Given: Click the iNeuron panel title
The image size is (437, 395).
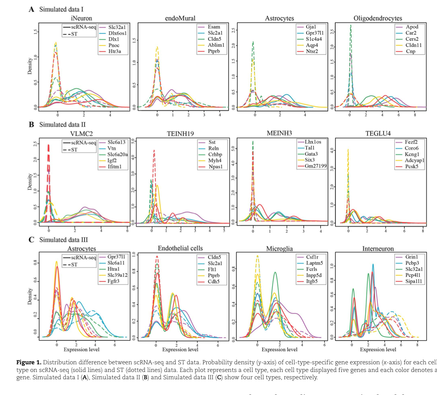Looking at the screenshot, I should (81, 18).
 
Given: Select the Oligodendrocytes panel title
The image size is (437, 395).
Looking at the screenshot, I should (378, 18).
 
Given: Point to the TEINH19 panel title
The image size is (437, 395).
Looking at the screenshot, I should (180, 134).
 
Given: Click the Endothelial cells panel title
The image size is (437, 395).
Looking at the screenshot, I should (180, 249).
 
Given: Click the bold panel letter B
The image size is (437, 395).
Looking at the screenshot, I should (31, 124).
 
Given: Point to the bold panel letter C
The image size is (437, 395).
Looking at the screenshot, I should (31, 240).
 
